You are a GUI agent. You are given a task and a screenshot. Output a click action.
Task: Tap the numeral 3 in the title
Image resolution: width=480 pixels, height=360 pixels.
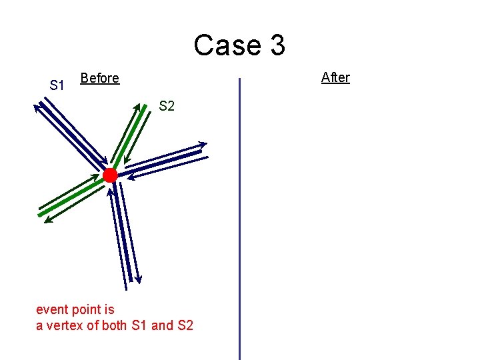277,45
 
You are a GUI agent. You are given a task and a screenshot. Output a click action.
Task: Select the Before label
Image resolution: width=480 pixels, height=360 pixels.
99,78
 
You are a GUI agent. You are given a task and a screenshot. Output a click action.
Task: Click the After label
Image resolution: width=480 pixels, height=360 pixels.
335,77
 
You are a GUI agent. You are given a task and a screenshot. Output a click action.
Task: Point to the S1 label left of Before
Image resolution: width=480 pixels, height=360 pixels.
57,85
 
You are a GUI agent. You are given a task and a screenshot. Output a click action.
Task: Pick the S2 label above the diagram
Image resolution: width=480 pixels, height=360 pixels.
167,105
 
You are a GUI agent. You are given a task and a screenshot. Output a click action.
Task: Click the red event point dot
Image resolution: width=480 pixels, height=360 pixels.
110,175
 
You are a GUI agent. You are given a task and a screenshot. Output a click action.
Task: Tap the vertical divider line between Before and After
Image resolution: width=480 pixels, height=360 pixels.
239,220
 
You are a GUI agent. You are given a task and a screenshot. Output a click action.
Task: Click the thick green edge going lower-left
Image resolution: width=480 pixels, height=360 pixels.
73,196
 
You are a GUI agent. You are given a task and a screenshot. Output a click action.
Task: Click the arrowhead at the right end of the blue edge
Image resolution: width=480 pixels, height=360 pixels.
203,143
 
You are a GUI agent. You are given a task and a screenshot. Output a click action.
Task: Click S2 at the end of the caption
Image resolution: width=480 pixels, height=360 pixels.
185,326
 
